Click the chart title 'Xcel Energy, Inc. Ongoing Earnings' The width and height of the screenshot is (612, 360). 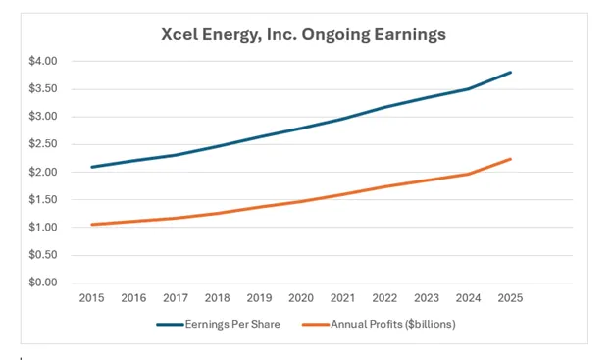(x=303, y=34)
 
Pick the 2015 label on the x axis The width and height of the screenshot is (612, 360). (x=91, y=297)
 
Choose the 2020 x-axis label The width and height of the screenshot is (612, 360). (x=301, y=297)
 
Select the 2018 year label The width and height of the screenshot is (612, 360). (x=217, y=297)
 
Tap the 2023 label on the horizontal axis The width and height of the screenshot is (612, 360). (x=427, y=297)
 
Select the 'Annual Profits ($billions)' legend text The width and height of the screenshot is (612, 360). (x=393, y=323)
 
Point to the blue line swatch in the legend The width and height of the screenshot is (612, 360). (x=170, y=323)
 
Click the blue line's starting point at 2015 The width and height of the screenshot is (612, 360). (x=91, y=167)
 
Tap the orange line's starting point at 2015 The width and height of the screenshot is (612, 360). (x=91, y=225)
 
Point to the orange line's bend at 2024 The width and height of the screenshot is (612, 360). (x=469, y=174)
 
